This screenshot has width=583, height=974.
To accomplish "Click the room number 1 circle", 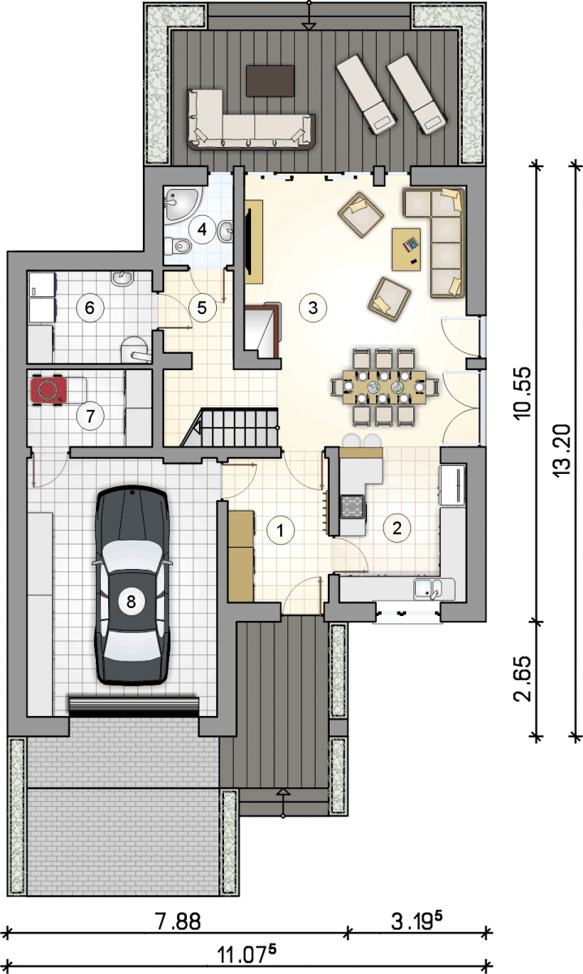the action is click(281, 530).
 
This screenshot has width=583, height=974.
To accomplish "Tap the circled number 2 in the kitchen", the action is click(397, 528).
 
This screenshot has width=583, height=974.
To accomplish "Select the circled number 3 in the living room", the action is click(313, 308).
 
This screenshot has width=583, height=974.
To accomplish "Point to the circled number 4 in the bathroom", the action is click(202, 229).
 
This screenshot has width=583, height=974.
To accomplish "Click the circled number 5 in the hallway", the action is click(202, 308).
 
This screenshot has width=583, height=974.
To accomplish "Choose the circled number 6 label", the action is click(89, 308).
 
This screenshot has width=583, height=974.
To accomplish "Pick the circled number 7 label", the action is click(90, 416).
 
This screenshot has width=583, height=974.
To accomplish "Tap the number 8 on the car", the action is click(131, 601).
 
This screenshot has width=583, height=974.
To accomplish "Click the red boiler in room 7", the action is click(48, 390).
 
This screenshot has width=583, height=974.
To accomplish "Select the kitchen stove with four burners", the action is click(352, 507).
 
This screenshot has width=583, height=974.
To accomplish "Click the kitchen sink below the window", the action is click(429, 589).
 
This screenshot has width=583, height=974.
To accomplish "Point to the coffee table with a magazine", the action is click(406, 249).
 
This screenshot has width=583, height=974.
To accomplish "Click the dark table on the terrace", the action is click(270, 81).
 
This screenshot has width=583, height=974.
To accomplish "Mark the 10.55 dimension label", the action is click(523, 393).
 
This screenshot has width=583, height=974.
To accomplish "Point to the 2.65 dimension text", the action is click(523, 679).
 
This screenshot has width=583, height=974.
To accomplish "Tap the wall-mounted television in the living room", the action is click(248, 242).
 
